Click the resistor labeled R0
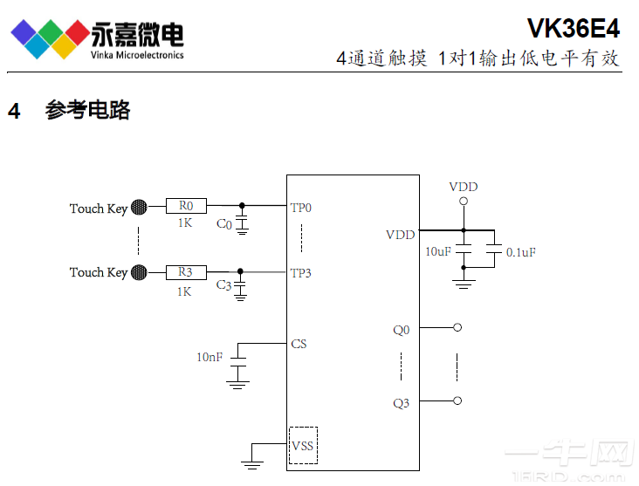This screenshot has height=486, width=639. (x=186, y=207)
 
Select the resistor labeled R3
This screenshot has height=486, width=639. (x=186, y=272)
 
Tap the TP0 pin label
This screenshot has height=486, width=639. (x=301, y=209)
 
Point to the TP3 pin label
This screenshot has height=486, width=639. (x=301, y=273)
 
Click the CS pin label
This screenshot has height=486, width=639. (x=299, y=344)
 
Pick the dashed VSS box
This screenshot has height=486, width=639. (x=303, y=445)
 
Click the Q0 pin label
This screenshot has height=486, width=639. (x=401, y=330)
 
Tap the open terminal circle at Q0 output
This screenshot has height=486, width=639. (x=457, y=328)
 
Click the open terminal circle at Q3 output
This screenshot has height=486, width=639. (x=457, y=400)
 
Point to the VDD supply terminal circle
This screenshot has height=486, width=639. (x=464, y=202)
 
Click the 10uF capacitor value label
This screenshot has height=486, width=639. (x=438, y=252)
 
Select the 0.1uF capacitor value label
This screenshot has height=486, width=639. (x=521, y=252)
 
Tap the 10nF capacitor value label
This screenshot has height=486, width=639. (x=210, y=357)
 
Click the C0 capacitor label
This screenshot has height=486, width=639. (x=224, y=224)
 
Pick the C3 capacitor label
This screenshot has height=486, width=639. (x=224, y=286)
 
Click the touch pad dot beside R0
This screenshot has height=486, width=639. (x=139, y=208)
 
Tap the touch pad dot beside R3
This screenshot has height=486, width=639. (x=139, y=272)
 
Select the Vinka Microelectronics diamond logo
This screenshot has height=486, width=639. (x=50, y=38)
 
